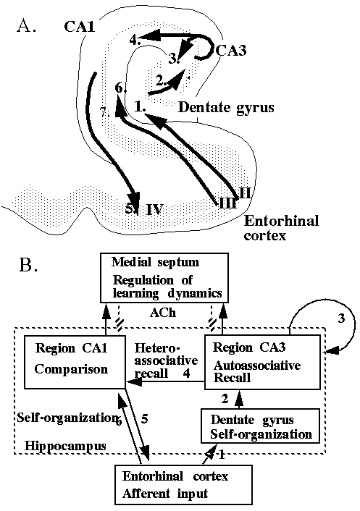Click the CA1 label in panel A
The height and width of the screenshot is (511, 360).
[80, 26]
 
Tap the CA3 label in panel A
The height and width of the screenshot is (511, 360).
[231, 50]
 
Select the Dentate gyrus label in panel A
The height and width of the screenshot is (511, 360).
[226, 108]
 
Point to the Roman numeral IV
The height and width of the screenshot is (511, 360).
[154, 209]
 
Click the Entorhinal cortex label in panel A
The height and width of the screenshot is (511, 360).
[281, 228]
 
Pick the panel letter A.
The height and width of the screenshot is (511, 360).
[26, 26]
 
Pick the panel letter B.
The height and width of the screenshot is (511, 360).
[29, 265]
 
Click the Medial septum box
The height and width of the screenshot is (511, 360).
[164, 279]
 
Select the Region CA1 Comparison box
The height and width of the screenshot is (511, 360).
[75, 362]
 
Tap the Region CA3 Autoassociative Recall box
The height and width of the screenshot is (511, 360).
[262, 362]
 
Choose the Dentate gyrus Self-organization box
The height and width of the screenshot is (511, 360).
[260, 426]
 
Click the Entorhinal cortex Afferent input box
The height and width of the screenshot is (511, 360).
[183, 485]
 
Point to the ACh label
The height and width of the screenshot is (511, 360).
[163, 313]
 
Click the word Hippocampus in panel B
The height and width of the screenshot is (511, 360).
[65, 446]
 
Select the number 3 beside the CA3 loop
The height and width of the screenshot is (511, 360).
[341, 318]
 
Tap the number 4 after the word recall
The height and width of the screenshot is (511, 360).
[186, 373]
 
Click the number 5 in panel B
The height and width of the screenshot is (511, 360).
[144, 418]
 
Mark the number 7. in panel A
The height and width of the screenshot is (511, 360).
[104, 113]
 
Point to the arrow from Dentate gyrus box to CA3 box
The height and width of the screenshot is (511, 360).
[240, 399]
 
